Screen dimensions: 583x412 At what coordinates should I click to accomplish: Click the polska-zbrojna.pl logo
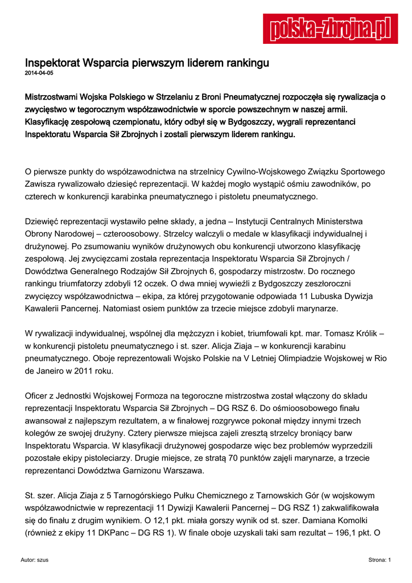point(329,28)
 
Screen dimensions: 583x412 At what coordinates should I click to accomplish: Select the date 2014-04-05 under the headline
point(39,73)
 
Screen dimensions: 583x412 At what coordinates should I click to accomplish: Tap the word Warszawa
point(184,471)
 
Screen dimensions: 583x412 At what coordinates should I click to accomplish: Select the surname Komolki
point(347,521)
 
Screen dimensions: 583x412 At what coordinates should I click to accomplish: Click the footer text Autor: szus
point(34,560)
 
